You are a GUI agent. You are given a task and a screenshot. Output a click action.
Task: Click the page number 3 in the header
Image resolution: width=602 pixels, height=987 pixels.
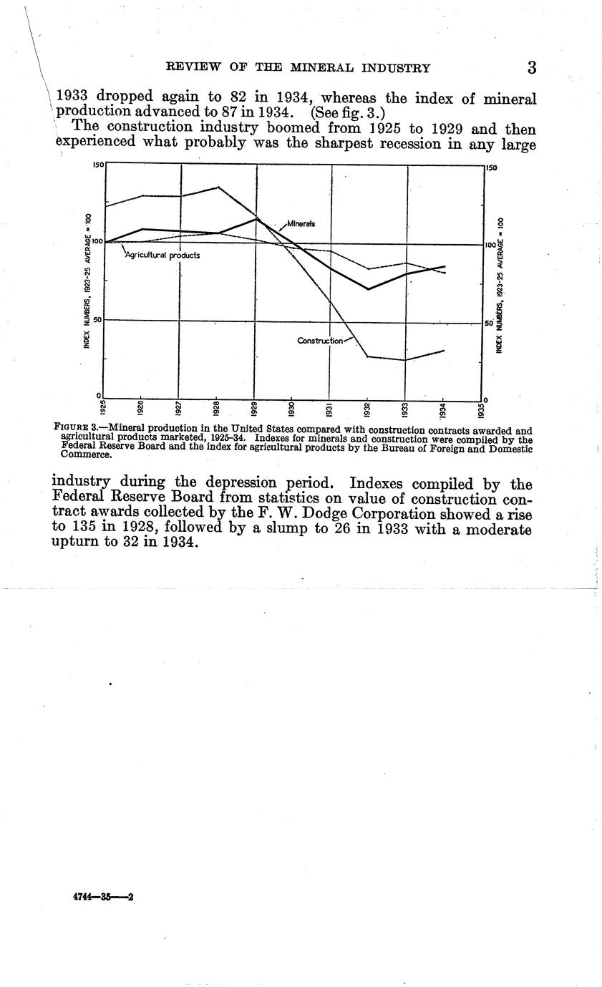(531, 68)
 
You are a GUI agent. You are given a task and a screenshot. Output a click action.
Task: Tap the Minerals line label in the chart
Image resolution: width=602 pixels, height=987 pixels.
(301, 224)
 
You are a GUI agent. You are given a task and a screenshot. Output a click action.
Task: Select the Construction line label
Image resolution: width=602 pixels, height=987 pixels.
(320, 341)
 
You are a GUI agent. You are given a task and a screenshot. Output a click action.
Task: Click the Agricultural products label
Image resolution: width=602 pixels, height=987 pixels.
(162, 255)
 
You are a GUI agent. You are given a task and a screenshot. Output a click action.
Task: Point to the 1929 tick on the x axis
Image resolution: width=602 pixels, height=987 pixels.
(255, 410)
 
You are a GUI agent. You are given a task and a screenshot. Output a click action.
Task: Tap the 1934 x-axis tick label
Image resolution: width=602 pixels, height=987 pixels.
(444, 410)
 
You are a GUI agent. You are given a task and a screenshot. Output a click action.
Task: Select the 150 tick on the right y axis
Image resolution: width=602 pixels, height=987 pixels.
(491, 168)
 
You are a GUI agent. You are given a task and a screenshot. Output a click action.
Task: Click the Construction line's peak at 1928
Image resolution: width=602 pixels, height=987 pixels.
(218, 188)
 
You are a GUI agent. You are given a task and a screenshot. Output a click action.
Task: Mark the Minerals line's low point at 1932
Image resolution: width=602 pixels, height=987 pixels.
(368, 289)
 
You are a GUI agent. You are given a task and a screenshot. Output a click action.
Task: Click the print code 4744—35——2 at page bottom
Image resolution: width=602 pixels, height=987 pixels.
(104, 897)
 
